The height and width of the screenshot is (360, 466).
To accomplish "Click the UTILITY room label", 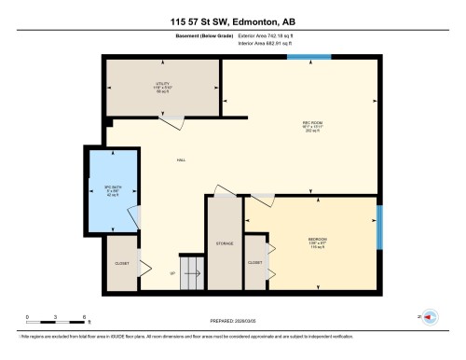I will pyautogui.click(x=160, y=85).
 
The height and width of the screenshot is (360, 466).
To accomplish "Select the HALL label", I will pyautogui.click(x=180, y=160).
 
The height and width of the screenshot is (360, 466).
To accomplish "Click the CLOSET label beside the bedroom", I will pyautogui.click(x=254, y=262).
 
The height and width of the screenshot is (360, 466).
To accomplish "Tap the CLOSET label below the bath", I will pyautogui.click(x=121, y=262).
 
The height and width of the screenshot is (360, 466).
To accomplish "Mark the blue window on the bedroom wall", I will pyautogui.click(x=378, y=235).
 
